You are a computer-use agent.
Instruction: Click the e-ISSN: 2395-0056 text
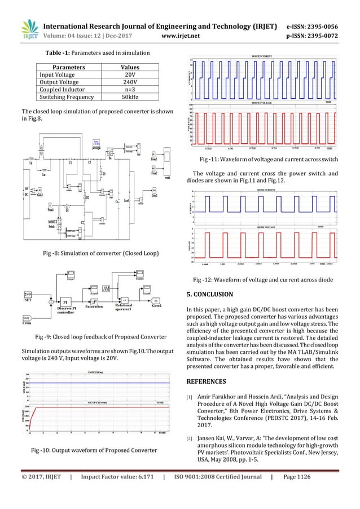click(321, 27)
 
